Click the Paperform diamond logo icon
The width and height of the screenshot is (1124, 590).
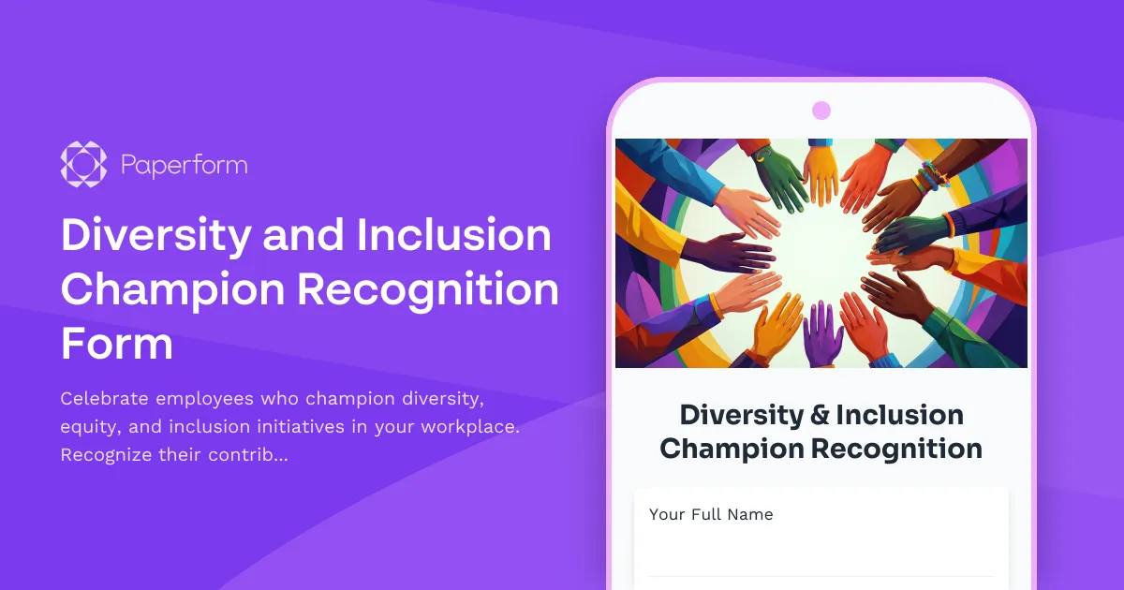[83, 166]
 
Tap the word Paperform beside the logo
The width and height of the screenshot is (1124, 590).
[185, 167]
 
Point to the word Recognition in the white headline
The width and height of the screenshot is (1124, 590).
[428, 289]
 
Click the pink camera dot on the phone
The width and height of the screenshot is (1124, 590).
[821, 111]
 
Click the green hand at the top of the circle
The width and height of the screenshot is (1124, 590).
[778, 178]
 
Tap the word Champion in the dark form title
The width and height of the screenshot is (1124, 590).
[731, 449]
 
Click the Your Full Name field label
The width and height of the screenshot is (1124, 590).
[711, 514]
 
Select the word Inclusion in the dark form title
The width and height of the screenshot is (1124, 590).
[900, 415]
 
